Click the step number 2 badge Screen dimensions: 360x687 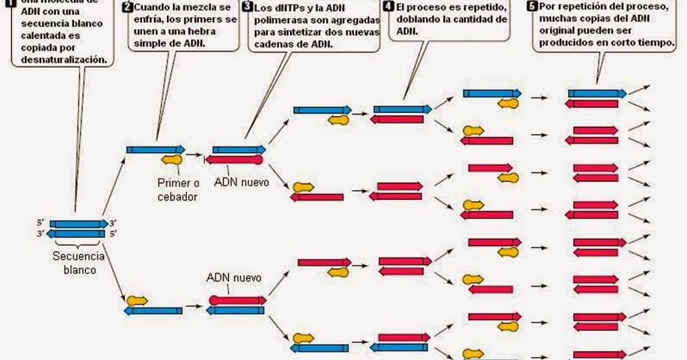pos(127,7)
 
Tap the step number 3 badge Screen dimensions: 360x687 pos(247,7)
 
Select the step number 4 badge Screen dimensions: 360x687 pos(388,6)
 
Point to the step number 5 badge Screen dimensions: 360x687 pos(532,6)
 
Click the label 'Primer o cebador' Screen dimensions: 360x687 pos(177,189)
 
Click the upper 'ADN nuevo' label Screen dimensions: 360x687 pos(241,182)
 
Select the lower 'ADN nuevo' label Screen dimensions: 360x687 pos(233,278)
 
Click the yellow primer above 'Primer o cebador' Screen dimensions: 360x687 pos(172,159)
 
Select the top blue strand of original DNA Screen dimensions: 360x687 pos(79,224)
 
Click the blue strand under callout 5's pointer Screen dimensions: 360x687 pos(596,94)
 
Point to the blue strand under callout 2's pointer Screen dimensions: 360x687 pos(155,149)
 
